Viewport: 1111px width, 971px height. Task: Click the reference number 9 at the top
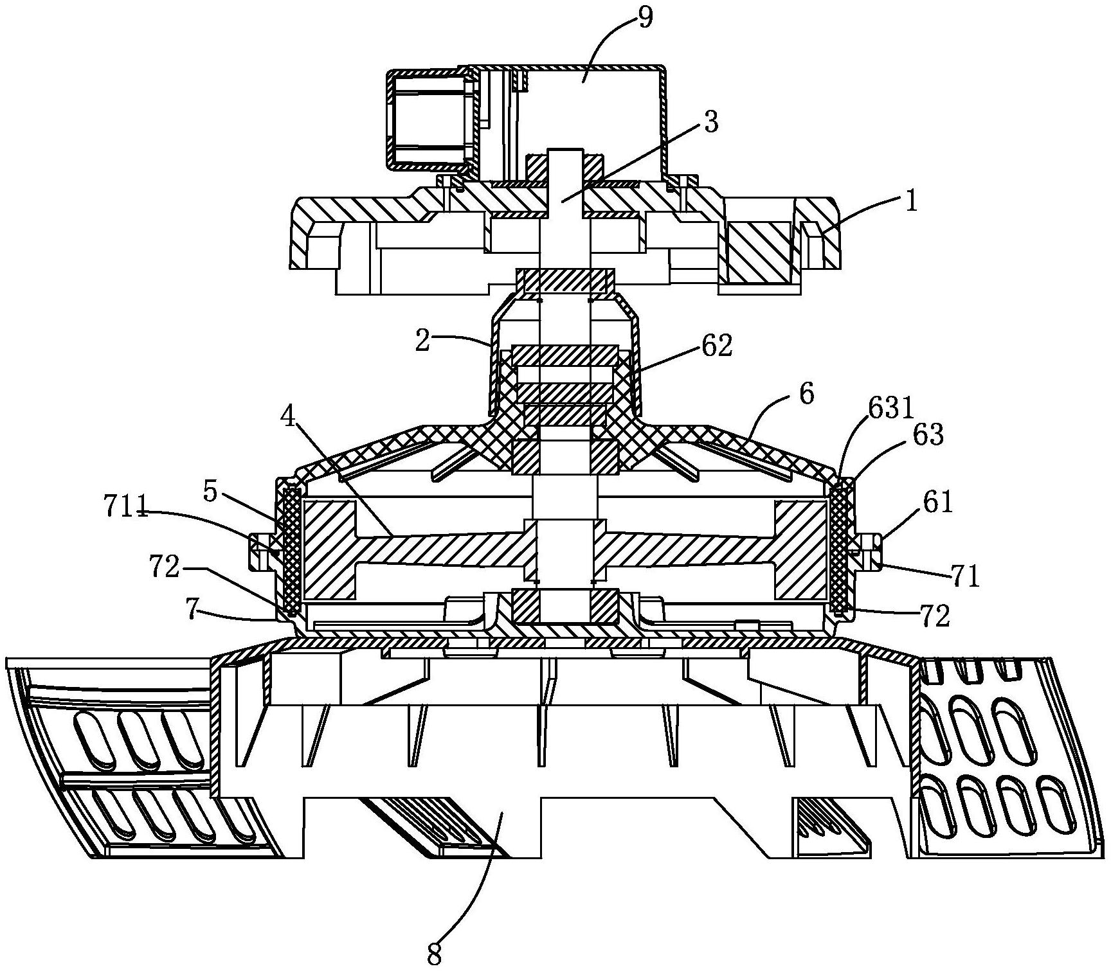pyautogui.click(x=645, y=18)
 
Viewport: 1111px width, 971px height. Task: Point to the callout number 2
pyautogui.click(x=423, y=341)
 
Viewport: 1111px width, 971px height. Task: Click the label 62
pyautogui.click(x=716, y=346)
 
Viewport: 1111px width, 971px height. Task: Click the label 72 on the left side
pyautogui.click(x=165, y=567)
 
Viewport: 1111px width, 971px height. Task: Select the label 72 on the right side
pyautogui.click(x=934, y=616)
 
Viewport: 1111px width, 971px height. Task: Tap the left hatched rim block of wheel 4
pyautogui.click(x=329, y=550)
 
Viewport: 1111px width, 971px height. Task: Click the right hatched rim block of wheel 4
pyautogui.click(x=800, y=550)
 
